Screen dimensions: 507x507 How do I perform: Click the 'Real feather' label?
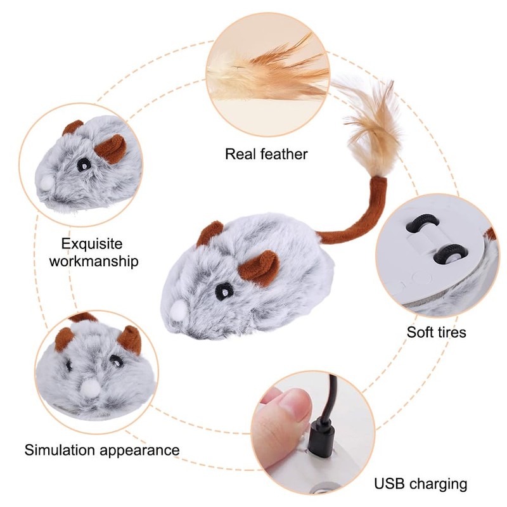click(266, 153)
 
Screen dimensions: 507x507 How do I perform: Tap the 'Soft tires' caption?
click(436, 331)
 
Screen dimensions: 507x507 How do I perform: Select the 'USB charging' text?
click(420, 484)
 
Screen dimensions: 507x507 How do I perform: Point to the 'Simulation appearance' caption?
click(102, 450)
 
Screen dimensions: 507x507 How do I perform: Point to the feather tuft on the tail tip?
click(375, 127)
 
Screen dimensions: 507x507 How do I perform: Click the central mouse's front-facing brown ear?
click(260, 267)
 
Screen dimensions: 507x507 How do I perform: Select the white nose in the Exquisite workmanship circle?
click(46, 183)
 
